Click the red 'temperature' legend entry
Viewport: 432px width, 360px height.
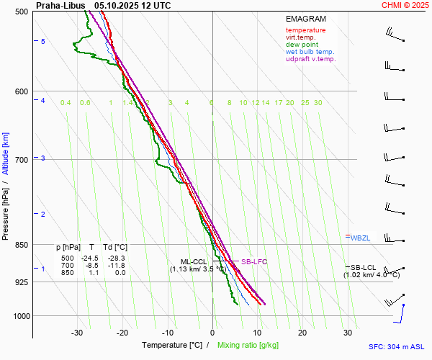click(305, 30)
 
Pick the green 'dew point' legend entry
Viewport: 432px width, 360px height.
click(302, 45)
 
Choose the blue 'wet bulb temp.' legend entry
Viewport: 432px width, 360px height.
click(310, 52)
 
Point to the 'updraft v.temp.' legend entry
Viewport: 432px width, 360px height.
click(310, 59)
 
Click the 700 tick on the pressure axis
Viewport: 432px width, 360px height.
click(22, 159)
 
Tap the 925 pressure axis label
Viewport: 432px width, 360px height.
click(22, 282)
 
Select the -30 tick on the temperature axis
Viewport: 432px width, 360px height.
click(77, 333)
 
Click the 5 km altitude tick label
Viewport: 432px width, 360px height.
click(43, 42)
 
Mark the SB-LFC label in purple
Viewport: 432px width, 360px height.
click(253, 262)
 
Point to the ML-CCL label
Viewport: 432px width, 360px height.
click(194, 262)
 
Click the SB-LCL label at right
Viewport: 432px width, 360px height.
click(364, 268)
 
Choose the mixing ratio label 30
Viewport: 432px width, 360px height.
click(318, 103)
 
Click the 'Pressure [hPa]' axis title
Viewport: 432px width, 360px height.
click(5, 210)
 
